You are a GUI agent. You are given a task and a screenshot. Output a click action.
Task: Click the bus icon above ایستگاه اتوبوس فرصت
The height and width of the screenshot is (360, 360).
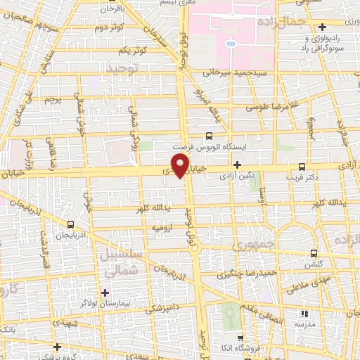pyautogui.click(x=209, y=136)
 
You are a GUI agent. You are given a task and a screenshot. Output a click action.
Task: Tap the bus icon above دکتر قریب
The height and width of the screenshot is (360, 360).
pyautogui.click(x=302, y=167)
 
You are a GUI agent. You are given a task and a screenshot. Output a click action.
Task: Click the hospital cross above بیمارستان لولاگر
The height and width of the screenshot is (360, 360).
pyautogui.click(x=105, y=292)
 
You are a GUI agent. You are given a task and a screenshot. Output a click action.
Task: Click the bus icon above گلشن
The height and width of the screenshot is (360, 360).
pyautogui.click(x=314, y=253)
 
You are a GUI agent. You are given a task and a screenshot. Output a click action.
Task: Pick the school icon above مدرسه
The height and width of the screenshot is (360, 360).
pyautogui.click(x=304, y=314)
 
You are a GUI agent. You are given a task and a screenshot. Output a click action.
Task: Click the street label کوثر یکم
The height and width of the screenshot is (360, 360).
pyautogui.click(x=132, y=51)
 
